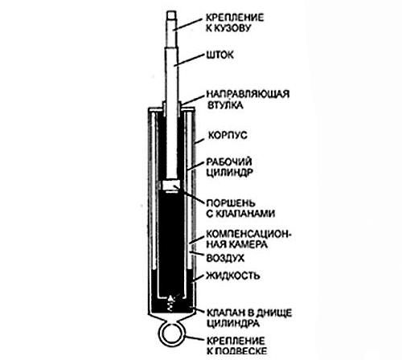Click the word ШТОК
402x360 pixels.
pos(219,55)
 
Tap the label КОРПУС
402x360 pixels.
pos(228,135)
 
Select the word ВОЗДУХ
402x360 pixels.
pos(225,259)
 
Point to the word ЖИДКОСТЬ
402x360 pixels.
pos(233,276)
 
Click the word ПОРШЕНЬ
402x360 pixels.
pos(231,203)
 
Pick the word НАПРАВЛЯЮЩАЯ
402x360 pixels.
pos(248,94)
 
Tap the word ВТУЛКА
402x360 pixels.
pos(225,105)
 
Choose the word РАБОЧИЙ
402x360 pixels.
pos(229,162)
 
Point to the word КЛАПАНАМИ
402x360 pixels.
pos(245,214)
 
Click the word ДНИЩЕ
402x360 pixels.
pos(274,313)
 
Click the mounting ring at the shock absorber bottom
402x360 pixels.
pos(159,335)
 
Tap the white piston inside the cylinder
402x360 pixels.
pos(171,185)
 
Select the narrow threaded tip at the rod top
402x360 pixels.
pos(171,15)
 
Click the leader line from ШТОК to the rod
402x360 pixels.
pos(189,59)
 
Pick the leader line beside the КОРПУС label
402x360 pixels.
pos(199,140)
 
